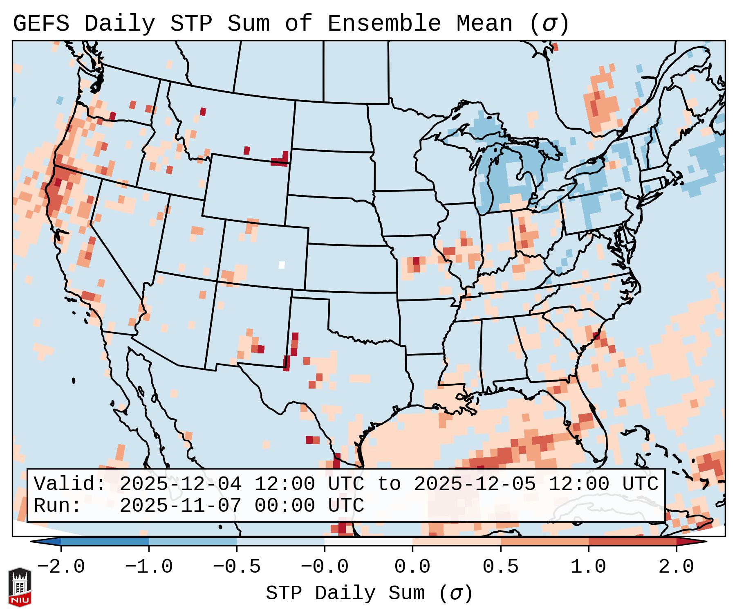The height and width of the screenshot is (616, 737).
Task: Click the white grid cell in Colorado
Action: click(x=282, y=265)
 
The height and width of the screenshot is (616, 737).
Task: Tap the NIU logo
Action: click(x=20, y=587)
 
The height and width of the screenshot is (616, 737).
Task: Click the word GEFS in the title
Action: click(x=41, y=23)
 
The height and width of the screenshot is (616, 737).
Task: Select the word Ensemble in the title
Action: click(x=384, y=23)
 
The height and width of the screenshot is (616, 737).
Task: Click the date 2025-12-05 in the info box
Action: click(x=475, y=484)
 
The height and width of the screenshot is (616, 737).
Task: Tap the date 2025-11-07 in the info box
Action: click(x=180, y=506)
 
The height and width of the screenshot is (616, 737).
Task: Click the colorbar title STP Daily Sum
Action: click(x=345, y=593)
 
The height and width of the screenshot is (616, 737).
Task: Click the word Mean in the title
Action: click(x=484, y=23)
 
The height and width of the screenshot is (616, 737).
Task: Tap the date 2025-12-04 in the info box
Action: click(x=180, y=484)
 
